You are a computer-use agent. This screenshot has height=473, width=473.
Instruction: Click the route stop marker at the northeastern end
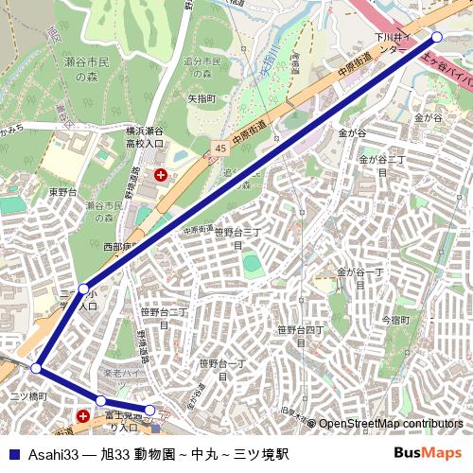click(436, 37)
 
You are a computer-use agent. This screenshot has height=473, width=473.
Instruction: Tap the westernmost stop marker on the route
click(36, 368)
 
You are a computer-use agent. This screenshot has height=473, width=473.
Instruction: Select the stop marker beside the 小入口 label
click(84, 288)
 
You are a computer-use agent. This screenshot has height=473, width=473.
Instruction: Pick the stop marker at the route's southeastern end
click(149, 410)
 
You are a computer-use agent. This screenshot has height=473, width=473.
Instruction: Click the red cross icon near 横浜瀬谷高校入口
click(161, 174)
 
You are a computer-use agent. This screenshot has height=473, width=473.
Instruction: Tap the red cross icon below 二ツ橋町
click(84, 415)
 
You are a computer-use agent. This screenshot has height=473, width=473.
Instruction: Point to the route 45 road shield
click(220, 149)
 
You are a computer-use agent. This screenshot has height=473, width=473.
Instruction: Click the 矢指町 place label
click(201, 97)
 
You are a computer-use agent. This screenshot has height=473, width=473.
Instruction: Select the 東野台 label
click(89, 191)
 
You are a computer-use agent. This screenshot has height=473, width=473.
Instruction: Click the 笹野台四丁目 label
click(300, 336)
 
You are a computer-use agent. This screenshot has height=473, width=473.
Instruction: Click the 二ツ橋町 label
click(27, 395)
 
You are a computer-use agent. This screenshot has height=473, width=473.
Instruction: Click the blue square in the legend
click(11, 453)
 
